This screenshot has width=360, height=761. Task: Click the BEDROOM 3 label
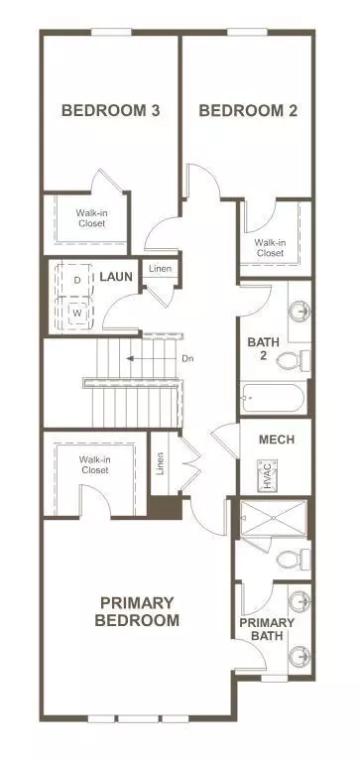[111, 111]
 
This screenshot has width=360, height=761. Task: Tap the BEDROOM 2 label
[248, 111]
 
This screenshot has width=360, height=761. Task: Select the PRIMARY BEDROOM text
[137, 611]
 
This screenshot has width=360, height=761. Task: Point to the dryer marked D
[76, 280]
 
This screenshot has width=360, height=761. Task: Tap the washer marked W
[76, 314]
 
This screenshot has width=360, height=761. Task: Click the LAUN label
[116, 277]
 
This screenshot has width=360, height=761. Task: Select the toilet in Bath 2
[293, 360]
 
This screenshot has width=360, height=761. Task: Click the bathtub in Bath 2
[273, 399]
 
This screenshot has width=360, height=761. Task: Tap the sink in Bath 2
[300, 312]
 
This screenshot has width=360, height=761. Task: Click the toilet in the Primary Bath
[293, 560]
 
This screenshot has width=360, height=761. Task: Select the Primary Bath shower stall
[274, 518]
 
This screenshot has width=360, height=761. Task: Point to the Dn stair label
[188, 359]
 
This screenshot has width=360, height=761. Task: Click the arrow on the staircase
[150, 359]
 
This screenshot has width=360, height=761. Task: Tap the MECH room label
[277, 440]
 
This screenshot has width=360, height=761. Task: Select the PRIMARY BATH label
[267, 629]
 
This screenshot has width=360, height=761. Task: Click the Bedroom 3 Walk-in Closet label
[90, 218]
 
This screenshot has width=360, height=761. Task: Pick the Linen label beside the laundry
[160, 269]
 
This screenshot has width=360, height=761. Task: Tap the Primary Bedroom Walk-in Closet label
[95, 464]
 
